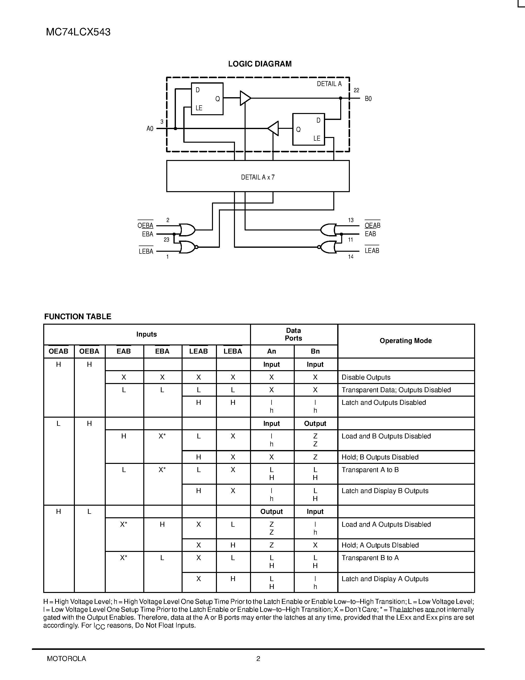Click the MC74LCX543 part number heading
pyautogui.click(x=78, y=32)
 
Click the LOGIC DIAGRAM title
pyautogui.click(x=260, y=64)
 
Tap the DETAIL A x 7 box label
pyautogui.click(x=258, y=177)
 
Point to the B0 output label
pyautogui.click(x=368, y=99)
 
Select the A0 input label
pyautogui.click(x=150, y=129)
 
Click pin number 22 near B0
pyautogui.click(x=357, y=90)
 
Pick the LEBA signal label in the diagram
pyautogui.click(x=146, y=251)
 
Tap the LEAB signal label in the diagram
pyautogui.click(x=372, y=251)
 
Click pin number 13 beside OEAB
pyautogui.click(x=351, y=220)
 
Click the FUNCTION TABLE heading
pyautogui.click(x=78, y=317)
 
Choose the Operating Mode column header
pyautogui.click(x=406, y=341)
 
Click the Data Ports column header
pyautogui.click(x=293, y=334)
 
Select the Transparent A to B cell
pyautogui.click(x=370, y=470)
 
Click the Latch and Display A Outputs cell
pyautogui.click(x=385, y=579)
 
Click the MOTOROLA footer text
pyautogui.click(x=66, y=658)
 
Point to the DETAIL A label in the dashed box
pyautogui.click(x=329, y=84)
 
